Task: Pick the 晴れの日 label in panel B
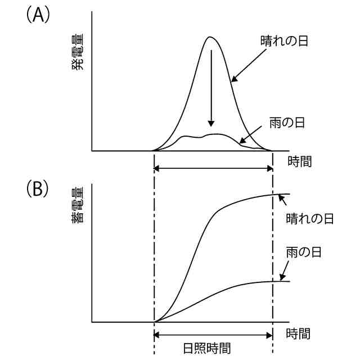click(x=310, y=218)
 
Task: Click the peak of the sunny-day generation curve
click(x=210, y=37)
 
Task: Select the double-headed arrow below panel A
click(x=213, y=168)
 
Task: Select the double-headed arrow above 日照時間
click(x=213, y=335)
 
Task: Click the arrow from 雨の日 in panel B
click(x=284, y=271)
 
